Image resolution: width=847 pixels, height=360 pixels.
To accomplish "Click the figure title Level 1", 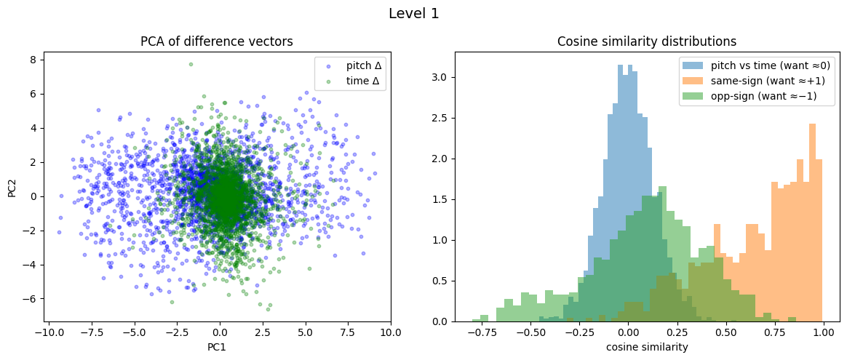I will click(x=414, y=14).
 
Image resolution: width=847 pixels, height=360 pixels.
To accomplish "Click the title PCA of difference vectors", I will click(x=217, y=42).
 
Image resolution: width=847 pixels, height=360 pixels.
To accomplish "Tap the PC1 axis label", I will click(x=217, y=347).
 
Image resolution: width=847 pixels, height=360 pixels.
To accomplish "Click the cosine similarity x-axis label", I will click(x=647, y=347).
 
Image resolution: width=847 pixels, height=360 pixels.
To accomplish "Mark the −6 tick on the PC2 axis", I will click(x=32, y=299).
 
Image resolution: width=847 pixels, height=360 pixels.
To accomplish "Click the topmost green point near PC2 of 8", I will click(x=191, y=64).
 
